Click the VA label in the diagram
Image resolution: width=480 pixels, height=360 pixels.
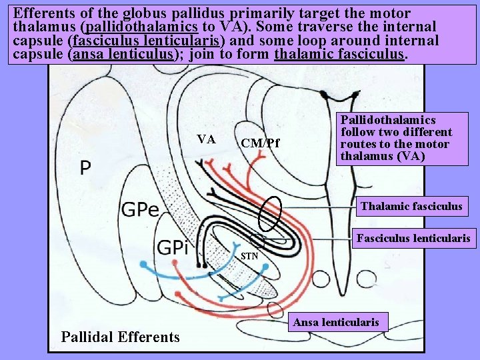(206, 139)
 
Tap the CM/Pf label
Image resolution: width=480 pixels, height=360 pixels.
(261, 143)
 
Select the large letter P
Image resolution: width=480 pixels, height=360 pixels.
(85, 168)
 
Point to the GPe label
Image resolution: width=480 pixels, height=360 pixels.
(140, 211)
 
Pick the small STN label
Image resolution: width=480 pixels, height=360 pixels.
(249, 255)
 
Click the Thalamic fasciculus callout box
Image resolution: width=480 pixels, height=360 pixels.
(411, 206)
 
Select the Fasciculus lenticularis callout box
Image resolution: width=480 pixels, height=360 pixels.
(413, 237)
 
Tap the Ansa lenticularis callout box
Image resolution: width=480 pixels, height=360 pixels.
(336, 323)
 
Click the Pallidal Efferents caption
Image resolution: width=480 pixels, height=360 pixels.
(120, 337)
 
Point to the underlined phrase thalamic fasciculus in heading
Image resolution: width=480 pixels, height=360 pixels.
(339, 53)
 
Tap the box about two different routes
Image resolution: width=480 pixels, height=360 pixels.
(396, 138)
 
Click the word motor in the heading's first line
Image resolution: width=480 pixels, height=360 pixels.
(389, 13)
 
